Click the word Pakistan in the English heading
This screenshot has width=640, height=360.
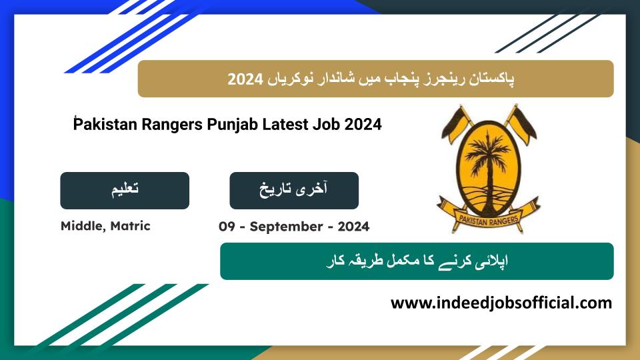click(105, 125)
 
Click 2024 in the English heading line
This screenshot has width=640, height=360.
click(363, 125)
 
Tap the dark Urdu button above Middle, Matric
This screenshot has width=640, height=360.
click(125, 191)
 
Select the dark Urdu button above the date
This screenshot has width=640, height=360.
click(294, 191)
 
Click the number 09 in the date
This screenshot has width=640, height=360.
click(227, 227)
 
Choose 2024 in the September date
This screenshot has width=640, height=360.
click(353, 227)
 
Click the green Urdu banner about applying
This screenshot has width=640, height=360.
click(417, 261)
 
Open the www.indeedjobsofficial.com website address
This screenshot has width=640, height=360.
click(501, 303)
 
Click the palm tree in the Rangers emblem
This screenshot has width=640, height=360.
click(488, 163)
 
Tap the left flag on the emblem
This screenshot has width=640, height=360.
click(456, 124)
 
